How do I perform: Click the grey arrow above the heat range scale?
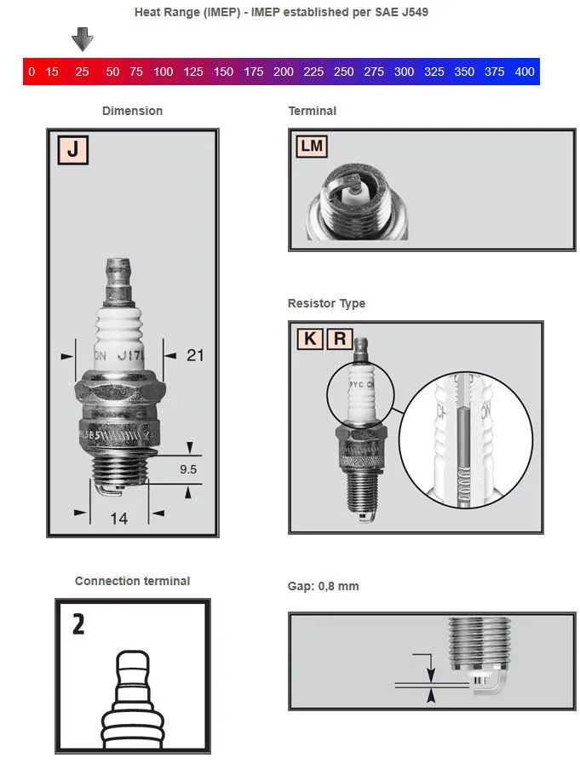point(82,38)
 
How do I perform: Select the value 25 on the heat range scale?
point(82,72)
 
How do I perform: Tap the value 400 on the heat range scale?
point(525,72)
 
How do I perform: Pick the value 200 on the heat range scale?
point(284,72)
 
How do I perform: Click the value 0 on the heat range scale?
point(32,72)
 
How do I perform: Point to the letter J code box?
point(73,150)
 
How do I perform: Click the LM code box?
point(312,146)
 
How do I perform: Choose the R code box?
point(339,339)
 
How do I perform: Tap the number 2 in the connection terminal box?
point(78,624)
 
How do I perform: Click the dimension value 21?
point(195,355)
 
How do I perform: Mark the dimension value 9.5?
point(189,468)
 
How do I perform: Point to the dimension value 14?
point(118,518)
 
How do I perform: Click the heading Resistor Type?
point(326,303)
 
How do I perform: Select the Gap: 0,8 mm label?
point(324,587)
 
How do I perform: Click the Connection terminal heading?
point(132,581)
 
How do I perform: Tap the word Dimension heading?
point(132,111)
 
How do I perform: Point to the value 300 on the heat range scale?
point(404,72)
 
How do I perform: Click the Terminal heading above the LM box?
point(313,111)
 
